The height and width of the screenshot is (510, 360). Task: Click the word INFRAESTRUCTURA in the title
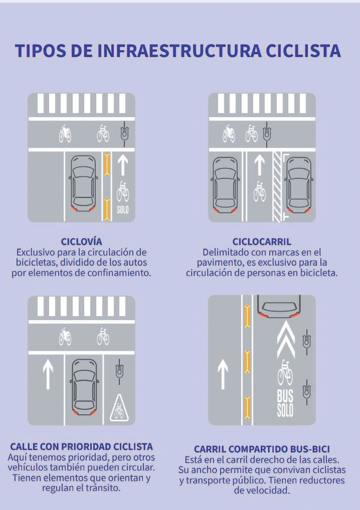(180, 51)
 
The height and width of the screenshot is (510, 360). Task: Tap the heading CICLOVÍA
(81, 242)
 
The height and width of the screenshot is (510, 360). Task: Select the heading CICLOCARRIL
(262, 242)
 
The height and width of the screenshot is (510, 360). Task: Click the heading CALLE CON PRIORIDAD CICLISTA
(81, 447)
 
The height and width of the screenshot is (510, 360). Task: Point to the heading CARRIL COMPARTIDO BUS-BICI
(262, 449)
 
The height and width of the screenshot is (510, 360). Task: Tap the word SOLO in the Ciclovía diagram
(123, 209)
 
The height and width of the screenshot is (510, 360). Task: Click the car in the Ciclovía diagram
(83, 184)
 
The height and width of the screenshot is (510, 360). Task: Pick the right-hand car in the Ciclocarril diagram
(299, 185)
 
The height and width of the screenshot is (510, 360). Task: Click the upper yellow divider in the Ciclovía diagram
(107, 164)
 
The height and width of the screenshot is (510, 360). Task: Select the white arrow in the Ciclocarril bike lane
(259, 165)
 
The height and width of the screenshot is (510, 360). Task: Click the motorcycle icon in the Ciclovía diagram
(65, 134)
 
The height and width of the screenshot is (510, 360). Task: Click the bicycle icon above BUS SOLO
(285, 372)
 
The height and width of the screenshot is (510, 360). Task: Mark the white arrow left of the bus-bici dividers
(223, 374)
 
